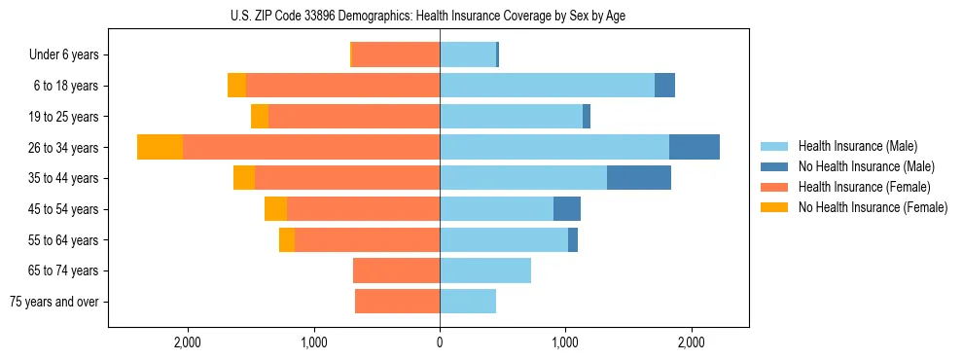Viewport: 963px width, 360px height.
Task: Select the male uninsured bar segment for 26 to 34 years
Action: click(695, 147)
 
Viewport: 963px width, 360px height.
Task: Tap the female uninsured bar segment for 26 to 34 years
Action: click(160, 147)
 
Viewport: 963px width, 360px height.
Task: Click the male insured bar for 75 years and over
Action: click(468, 302)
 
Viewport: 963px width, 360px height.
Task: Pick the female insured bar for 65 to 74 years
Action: click(396, 270)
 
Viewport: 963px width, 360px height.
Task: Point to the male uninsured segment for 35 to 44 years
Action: click(639, 178)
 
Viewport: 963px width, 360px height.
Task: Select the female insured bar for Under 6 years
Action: click(395, 54)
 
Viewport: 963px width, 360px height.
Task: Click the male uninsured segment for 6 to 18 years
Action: click(664, 86)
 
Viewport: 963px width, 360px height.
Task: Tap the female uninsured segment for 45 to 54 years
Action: click(275, 208)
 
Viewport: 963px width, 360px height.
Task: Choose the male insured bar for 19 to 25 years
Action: click(511, 117)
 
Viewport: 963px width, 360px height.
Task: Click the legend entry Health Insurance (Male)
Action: click(857, 146)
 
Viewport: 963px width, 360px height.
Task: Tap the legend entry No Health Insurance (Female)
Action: click(873, 207)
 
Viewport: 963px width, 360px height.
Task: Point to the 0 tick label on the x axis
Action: click(440, 342)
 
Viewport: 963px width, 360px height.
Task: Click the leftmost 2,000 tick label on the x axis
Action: click(187, 342)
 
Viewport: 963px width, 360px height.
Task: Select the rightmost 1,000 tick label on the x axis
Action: click(565, 342)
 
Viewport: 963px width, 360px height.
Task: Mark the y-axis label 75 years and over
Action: click(54, 302)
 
